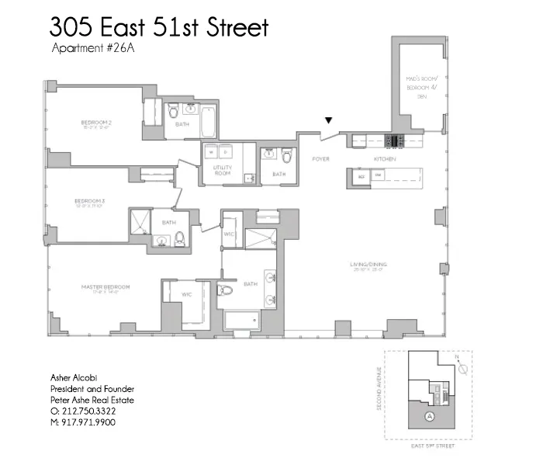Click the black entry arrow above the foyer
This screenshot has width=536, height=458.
[329, 120]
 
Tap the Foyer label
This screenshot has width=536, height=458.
[321, 159]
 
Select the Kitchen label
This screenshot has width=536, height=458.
[386, 159]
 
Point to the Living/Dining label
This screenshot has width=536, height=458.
[368, 265]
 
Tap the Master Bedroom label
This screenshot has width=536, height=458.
[105, 286]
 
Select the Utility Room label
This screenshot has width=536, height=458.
[223, 170]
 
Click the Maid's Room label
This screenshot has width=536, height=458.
[422, 85]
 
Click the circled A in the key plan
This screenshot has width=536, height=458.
[429, 416]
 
